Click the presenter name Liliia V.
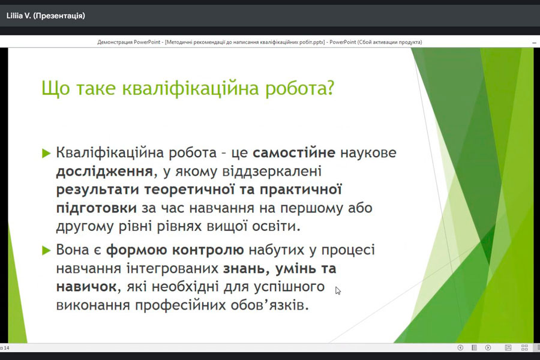19,16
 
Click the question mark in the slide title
329,88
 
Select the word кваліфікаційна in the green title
190,89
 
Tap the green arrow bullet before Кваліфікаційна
46,153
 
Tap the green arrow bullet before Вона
46,250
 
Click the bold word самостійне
294,152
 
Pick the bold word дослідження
104,172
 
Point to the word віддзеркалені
271,171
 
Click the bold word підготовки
97,208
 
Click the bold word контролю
208,250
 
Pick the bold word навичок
86,287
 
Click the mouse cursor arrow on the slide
338,291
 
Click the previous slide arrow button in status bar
460,347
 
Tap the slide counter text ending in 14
5,348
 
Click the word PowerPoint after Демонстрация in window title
147,43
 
